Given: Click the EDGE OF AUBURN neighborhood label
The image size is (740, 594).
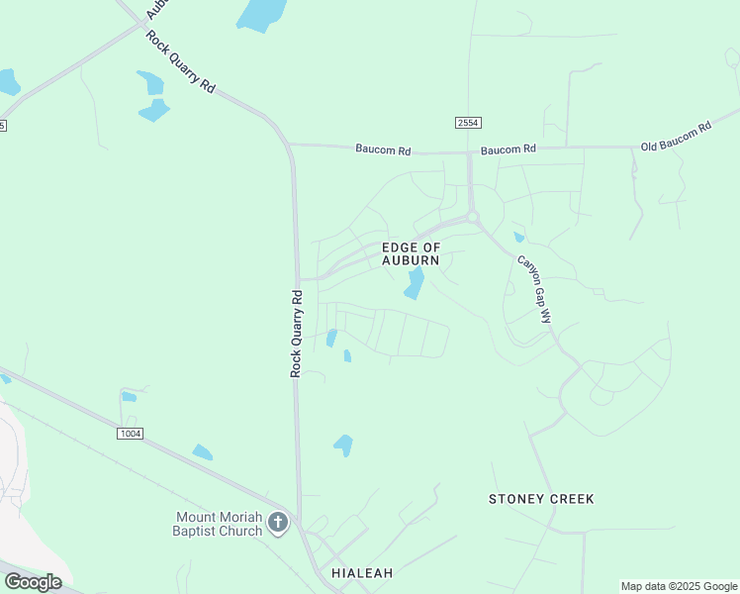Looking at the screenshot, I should click(x=411, y=252).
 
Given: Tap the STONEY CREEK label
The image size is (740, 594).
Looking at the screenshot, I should click(x=541, y=499).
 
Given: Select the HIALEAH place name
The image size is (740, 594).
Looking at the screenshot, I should click(x=362, y=573).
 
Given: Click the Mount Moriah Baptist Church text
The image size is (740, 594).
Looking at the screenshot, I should click(x=220, y=524).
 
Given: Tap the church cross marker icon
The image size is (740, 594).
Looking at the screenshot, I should click(x=279, y=523).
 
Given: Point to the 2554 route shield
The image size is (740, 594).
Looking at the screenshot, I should click(x=468, y=122).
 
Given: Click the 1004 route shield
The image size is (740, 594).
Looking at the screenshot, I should click(x=129, y=434).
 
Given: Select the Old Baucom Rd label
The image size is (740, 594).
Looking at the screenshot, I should click(x=676, y=136).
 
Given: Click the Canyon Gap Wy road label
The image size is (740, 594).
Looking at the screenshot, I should click(x=534, y=290).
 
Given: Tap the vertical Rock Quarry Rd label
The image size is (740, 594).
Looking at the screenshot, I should click(x=296, y=333).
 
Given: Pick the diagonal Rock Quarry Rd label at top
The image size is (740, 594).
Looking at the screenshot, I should click(x=180, y=61).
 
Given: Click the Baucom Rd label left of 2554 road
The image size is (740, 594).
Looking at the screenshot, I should click(x=383, y=149).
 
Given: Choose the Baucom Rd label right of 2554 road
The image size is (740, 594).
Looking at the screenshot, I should click(x=509, y=149).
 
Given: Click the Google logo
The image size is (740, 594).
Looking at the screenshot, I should click(x=33, y=582).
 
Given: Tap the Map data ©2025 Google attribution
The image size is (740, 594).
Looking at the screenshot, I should click(x=680, y=586).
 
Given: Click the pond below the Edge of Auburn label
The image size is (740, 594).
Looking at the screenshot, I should click(x=415, y=283).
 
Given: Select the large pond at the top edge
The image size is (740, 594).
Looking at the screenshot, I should click(x=261, y=14).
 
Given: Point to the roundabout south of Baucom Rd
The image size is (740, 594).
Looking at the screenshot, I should click(x=472, y=217).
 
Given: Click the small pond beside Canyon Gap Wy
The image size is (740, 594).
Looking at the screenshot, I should click(x=518, y=237).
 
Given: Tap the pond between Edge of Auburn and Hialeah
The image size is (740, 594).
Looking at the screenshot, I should click(x=343, y=445).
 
